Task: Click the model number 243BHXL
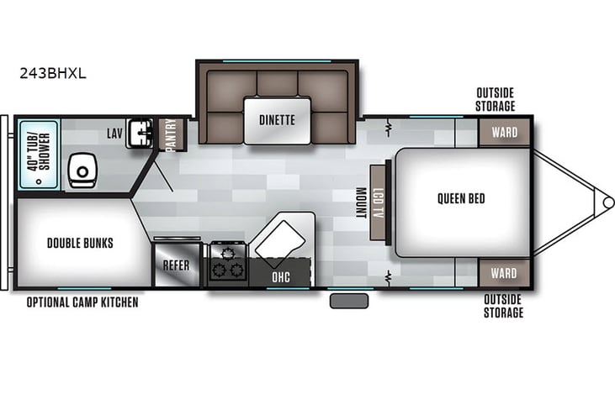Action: coord(52,73)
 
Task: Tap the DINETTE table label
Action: coord(277,119)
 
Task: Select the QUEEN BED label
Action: coord(460,199)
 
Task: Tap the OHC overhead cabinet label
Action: coord(281,275)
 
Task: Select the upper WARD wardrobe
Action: coord(503,133)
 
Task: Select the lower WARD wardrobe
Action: coord(503,273)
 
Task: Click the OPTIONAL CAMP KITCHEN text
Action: coord(82,302)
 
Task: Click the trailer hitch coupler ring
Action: coord(607,202)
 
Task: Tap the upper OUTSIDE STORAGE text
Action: coord(495,99)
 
